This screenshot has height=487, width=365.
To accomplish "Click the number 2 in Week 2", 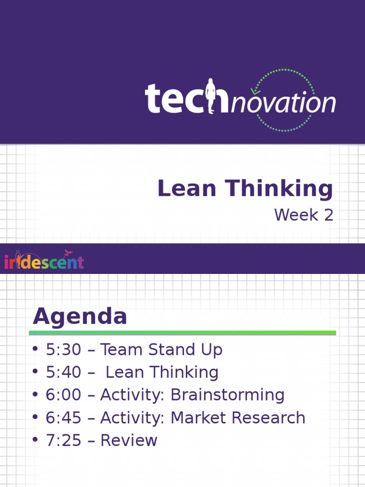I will [x=328, y=215].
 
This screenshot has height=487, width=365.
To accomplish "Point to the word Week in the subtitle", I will [x=296, y=215].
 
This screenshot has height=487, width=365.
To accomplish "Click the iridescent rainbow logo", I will [x=44, y=261].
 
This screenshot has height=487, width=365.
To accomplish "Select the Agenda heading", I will [x=80, y=317].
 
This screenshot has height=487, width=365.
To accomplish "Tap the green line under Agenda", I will [x=182, y=333].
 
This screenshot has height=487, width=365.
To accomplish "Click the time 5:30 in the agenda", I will [x=64, y=350].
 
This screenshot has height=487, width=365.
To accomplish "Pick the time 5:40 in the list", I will [x=64, y=372].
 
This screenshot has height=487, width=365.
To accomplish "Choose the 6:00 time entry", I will [x=64, y=395].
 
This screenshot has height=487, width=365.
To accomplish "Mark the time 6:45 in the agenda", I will [x=64, y=418].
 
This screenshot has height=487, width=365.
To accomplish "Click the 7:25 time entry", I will [x=64, y=440].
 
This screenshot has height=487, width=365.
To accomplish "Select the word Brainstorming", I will [x=227, y=395].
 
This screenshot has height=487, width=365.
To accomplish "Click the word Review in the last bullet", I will [x=129, y=440].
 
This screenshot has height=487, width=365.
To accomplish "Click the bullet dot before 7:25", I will [x=35, y=440].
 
